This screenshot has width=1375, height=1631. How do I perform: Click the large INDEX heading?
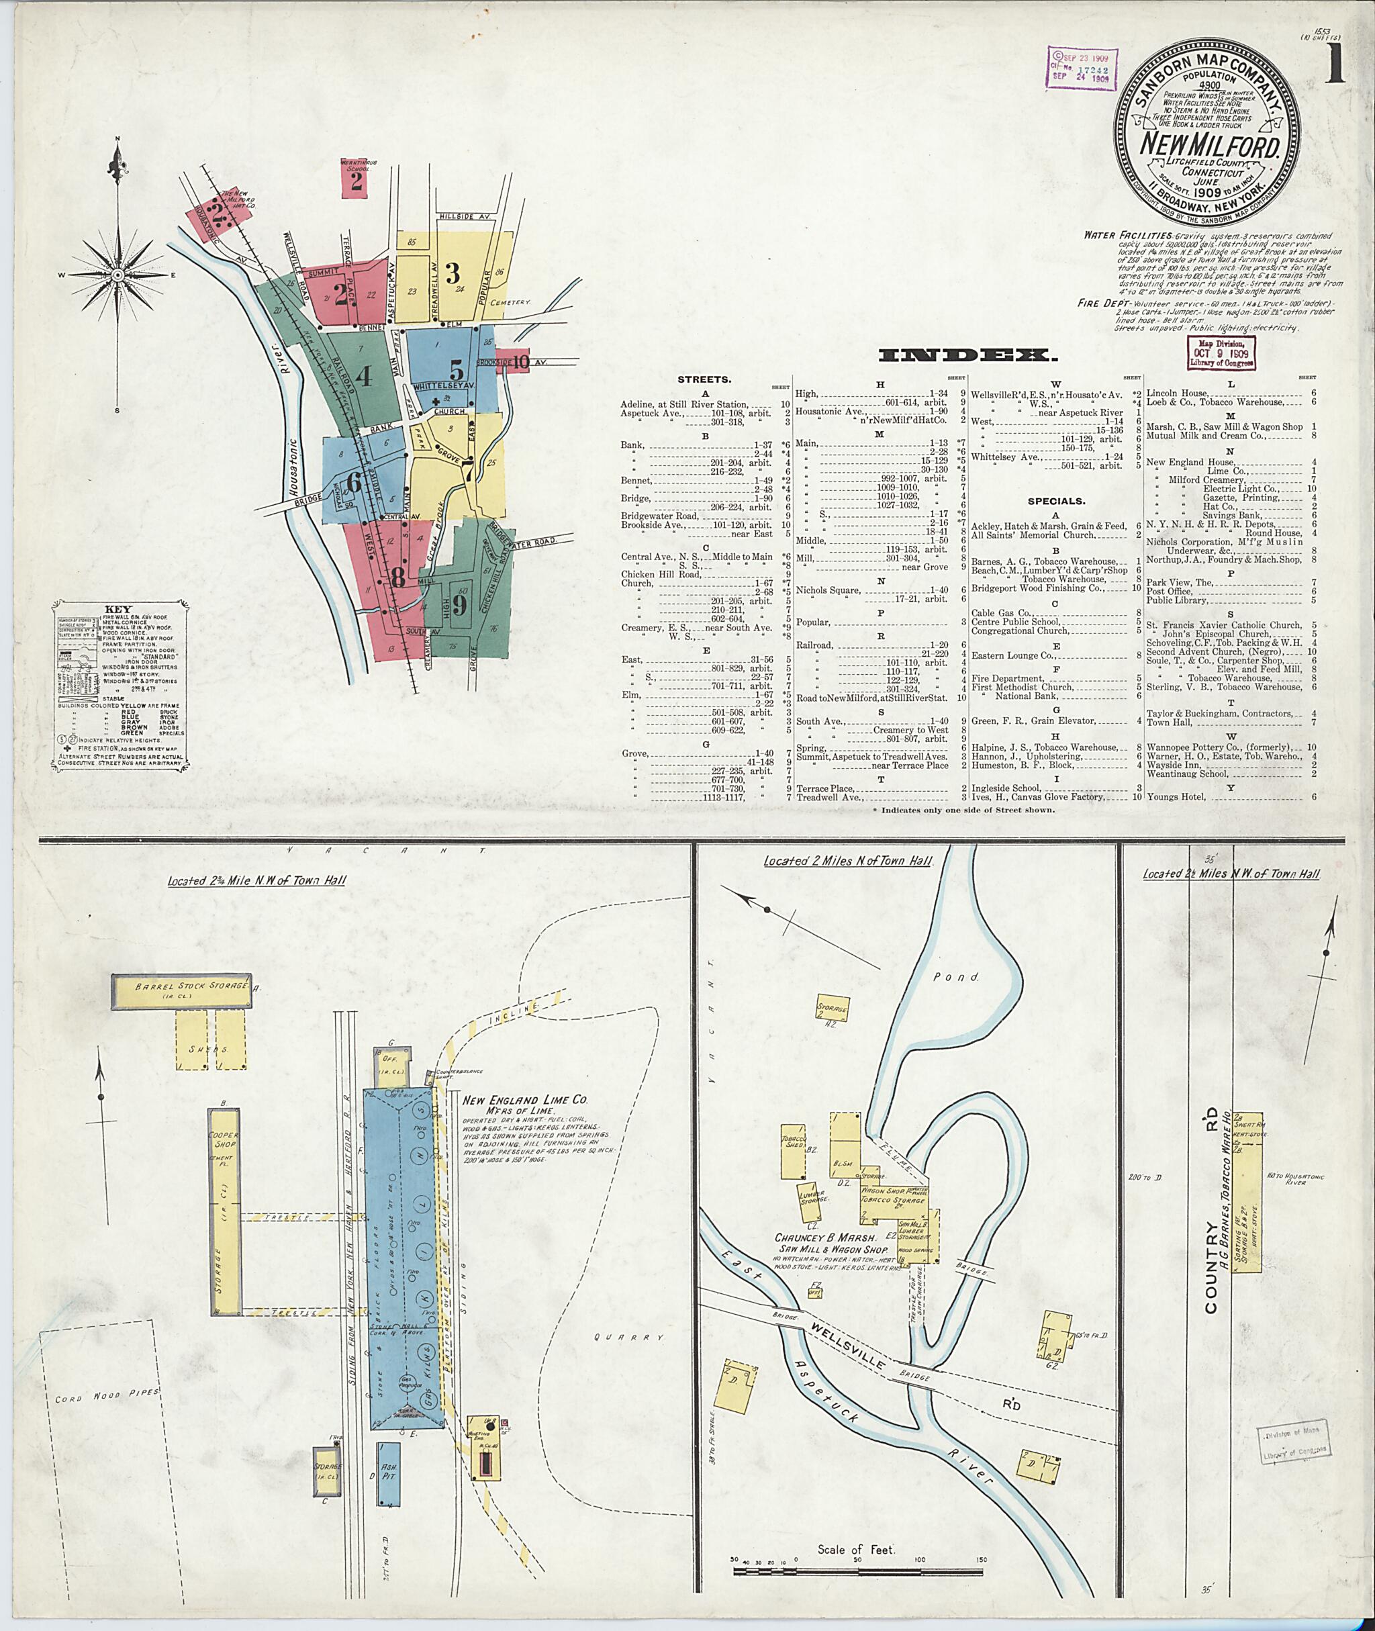[967, 355]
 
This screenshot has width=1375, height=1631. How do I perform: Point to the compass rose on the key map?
[117, 275]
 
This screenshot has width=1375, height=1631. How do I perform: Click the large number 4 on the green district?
[363, 377]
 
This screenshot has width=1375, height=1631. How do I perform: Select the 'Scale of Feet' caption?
[857, 1528]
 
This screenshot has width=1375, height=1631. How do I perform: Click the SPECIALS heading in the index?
[1055, 502]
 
